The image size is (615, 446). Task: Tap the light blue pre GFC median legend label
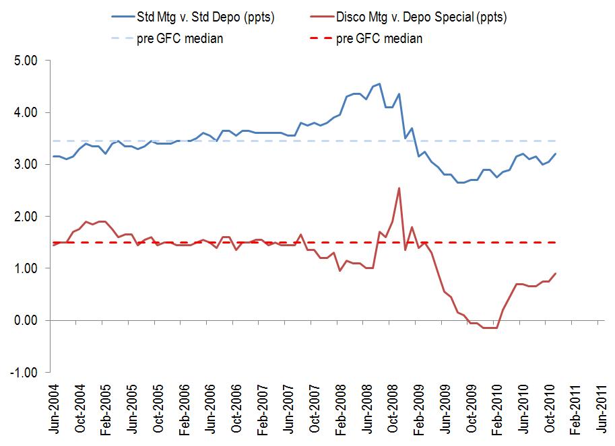point(185,38)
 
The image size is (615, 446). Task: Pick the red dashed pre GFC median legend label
point(380,38)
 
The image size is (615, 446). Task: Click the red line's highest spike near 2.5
point(399,188)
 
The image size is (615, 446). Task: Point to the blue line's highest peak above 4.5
point(379,84)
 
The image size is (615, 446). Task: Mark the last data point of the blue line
point(556,154)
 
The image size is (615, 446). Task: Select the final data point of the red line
point(556,273)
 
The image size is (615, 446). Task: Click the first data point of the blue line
point(54,157)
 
